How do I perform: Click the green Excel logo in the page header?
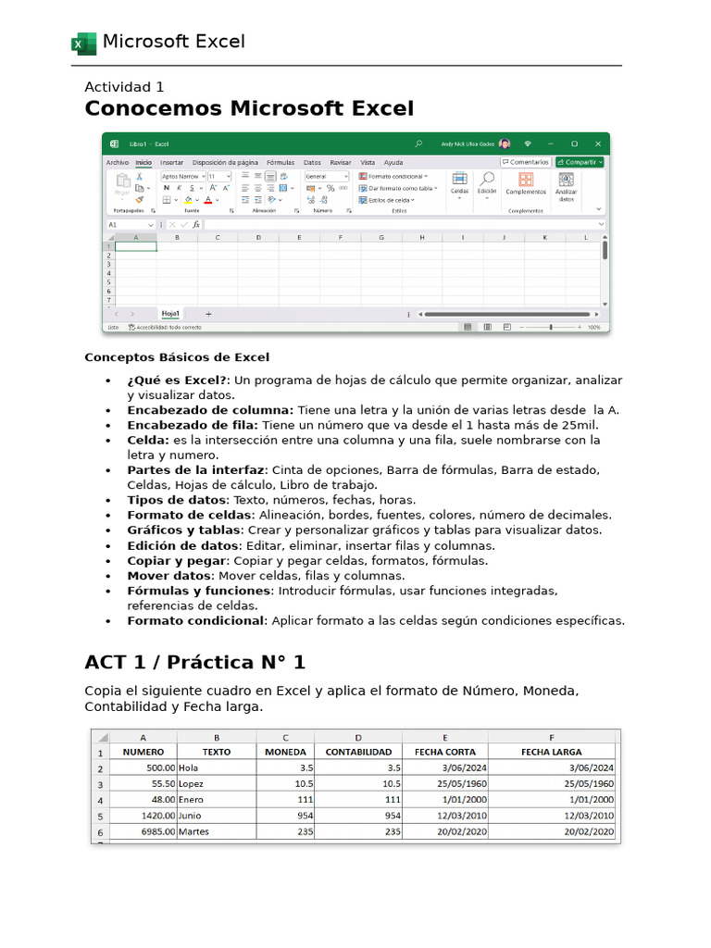coord(83,44)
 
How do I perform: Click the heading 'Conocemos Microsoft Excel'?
coord(249,109)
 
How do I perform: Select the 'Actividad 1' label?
coord(124,87)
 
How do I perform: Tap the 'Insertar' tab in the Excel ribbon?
coord(171,162)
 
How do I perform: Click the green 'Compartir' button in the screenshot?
coord(580,162)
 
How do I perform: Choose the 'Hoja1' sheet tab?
coord(170,314)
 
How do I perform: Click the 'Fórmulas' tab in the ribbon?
coord(281,162)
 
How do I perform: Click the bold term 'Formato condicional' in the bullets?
coord(195,620)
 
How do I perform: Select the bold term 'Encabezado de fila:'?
coord(193,425)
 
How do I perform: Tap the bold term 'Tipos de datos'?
coord(176,500)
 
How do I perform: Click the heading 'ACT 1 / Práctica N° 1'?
coord(194,663)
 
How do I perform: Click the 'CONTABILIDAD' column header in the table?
coord(358,752)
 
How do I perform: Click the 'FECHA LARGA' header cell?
coord(552,752)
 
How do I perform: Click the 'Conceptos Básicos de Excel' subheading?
coord(177,357)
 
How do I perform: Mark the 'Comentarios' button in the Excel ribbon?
coord(526,162)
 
